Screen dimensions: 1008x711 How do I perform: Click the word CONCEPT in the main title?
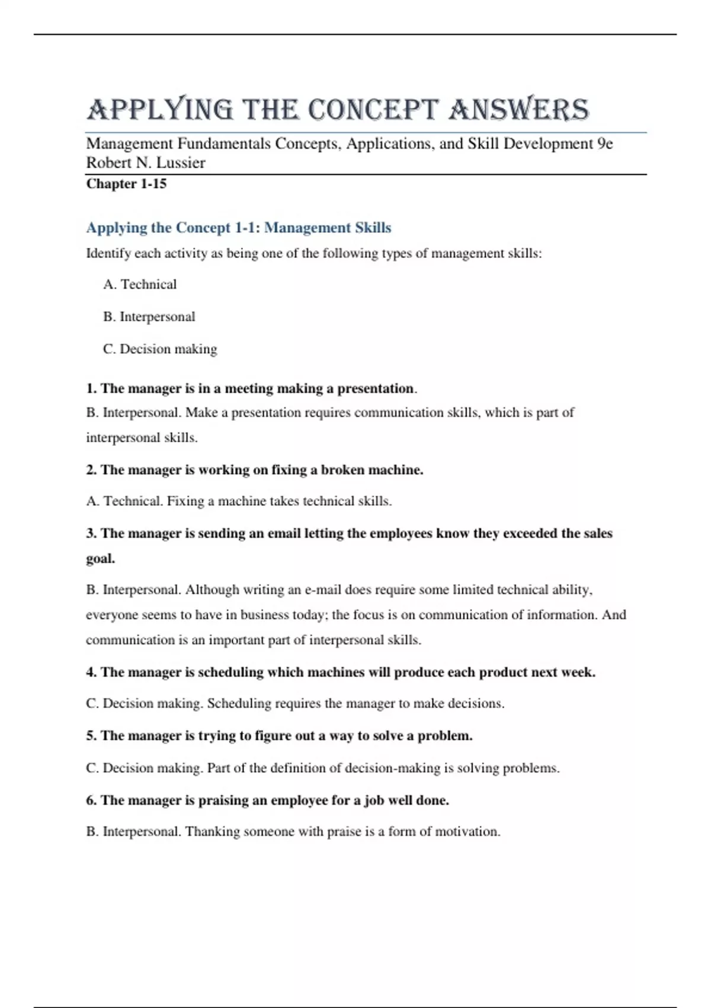tap(373, 110)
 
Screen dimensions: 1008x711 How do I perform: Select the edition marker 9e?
tap(604, 144)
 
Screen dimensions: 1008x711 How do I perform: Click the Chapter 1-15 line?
tap(126, 184)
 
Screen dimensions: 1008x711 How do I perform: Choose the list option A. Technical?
tap(140, 285)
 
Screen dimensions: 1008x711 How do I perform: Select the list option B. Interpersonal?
tap(149, 317)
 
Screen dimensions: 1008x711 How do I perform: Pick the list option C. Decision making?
tap(160, 349)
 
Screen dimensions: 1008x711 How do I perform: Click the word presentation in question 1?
tap(376, 389)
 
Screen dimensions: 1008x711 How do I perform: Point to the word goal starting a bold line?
tap(100, 559)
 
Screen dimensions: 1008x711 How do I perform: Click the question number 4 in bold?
tap(91, 672)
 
